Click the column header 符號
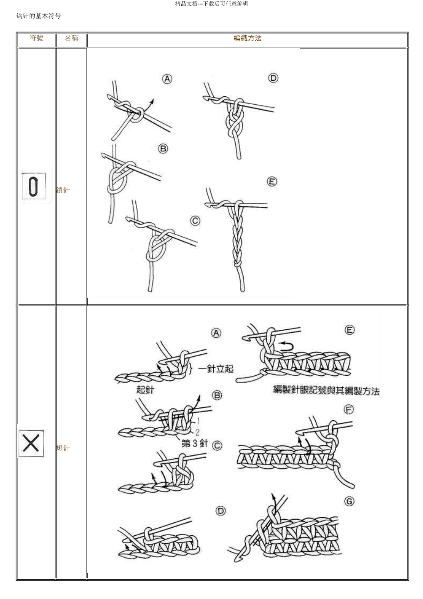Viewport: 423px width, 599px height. pos(37,38)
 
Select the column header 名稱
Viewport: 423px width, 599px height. pos(71,38)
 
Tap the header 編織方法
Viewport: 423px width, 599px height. pos(248,38)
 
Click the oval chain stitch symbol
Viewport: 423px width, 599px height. pos(34,186)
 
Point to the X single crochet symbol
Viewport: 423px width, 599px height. pos(31,443)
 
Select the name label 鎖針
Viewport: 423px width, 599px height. pos(63,190)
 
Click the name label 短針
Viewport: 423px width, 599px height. pos(63,448)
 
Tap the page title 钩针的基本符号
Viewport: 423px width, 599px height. pos(39,16)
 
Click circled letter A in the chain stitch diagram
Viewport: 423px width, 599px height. pos(167,79)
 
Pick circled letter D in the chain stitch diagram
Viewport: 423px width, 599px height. pos(273,78)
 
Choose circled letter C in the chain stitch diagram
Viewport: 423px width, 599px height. pos(195,221)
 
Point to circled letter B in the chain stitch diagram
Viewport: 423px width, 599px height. pos(163,149)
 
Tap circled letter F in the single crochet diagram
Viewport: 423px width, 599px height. pos(349,410)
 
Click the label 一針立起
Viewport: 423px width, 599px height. pos(216,369)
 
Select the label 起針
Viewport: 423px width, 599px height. pos(145,390)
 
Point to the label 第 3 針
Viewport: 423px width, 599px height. pos(195,443)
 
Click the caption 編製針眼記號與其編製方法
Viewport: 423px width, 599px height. pos(326,391)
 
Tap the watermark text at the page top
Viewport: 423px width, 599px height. pos(211,4)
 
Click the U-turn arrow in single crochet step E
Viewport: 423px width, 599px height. pos(286,346)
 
